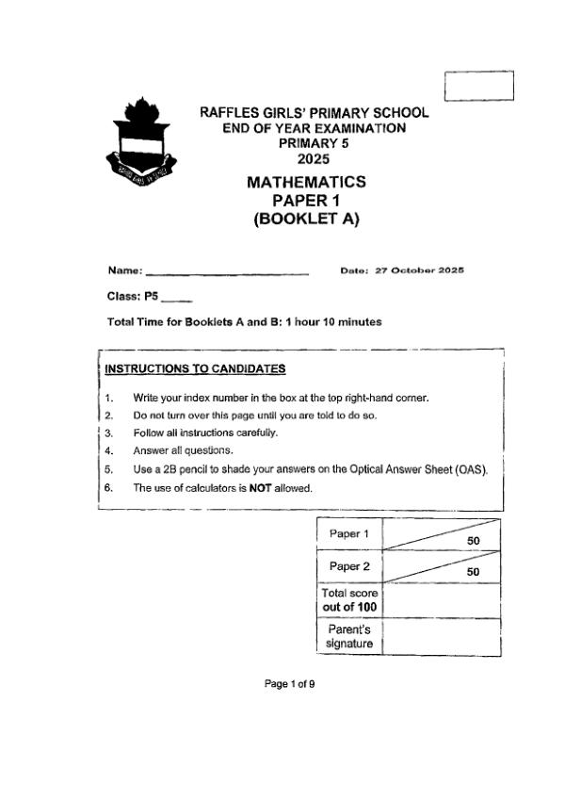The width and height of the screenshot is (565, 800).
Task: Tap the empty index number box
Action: (479, 84)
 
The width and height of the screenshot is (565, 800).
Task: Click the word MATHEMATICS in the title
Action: (306, 182)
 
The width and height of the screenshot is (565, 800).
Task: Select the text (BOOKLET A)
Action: (306, 220)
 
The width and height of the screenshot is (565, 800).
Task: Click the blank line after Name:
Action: (228, 273)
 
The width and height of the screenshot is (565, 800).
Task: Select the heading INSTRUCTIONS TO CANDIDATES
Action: (195, 368)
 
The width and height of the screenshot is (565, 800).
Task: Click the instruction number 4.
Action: (109, 451)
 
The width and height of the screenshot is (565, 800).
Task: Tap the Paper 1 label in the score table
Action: (348, 534)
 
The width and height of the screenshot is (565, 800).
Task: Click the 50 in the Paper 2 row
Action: (474, 572)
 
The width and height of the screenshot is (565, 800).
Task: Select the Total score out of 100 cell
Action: (349, 600)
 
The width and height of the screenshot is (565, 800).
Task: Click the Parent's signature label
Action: (349, 636)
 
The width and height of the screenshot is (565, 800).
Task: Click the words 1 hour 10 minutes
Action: (334, 322)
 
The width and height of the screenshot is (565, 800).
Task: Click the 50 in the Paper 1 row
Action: (474, 541)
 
